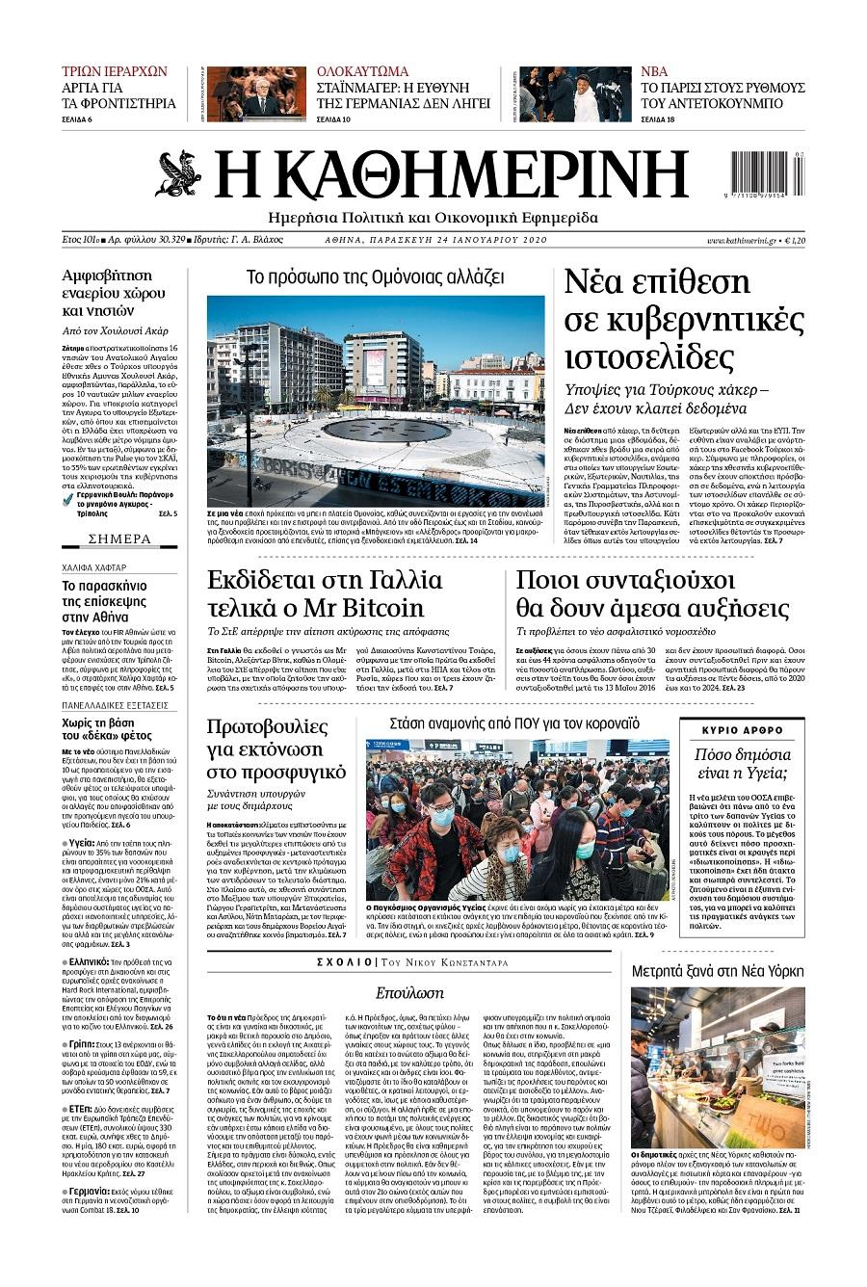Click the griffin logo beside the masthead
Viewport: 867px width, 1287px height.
178,173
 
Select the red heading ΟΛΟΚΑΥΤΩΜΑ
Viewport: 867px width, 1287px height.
362,71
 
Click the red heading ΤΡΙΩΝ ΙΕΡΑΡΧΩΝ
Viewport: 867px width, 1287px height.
114,71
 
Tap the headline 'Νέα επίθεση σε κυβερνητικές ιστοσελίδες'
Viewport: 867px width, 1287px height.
683,319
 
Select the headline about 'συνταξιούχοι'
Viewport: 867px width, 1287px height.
652,593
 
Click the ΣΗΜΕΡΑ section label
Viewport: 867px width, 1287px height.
119,538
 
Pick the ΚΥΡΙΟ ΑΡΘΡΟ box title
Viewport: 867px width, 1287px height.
743,729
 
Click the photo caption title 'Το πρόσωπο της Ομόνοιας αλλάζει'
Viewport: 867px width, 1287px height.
375,278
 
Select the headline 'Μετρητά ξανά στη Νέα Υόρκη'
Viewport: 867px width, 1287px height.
718,970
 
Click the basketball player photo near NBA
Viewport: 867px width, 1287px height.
574,93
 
